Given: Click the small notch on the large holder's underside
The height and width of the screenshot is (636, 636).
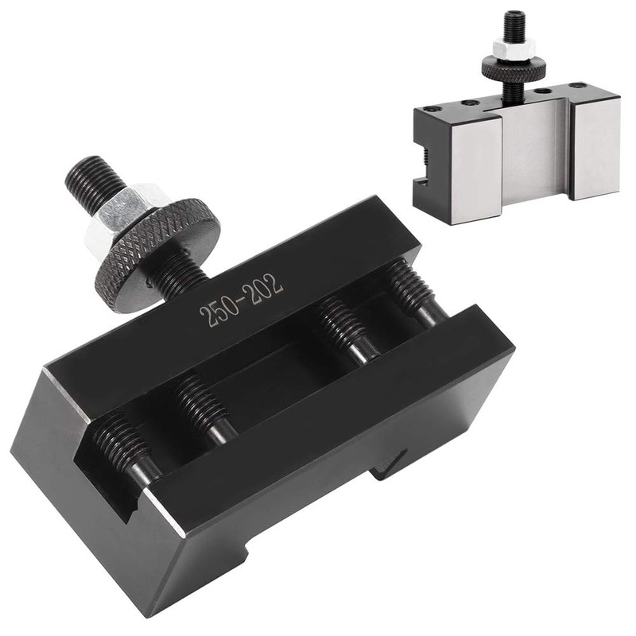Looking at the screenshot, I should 390,465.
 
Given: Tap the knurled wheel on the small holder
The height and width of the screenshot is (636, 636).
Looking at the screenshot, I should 514,70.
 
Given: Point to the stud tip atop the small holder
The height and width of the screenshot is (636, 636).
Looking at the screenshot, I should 515,17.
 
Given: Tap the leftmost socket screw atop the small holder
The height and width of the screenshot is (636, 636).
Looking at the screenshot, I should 433,108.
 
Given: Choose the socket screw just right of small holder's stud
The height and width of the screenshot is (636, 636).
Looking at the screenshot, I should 547,91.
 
